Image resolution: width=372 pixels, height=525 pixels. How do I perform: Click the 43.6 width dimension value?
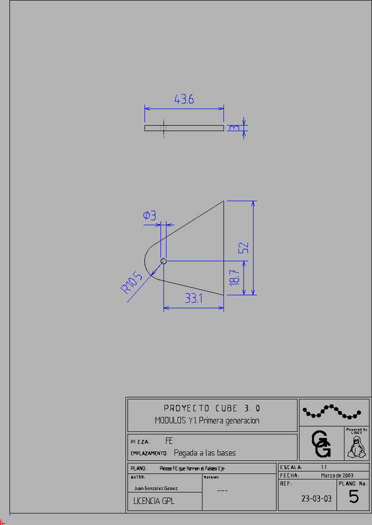[184, 99]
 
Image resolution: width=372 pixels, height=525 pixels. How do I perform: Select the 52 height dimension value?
[243, 248]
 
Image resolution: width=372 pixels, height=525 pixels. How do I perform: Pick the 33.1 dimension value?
[193, 299]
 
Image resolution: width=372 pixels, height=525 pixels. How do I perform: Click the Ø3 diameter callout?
[149, 216]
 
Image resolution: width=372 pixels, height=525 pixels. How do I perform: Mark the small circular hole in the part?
[163, 261]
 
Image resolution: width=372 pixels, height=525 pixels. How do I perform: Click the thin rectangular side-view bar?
[184, 128]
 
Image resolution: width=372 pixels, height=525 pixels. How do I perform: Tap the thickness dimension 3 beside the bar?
[233, 128]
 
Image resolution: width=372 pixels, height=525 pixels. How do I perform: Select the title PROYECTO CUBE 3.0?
[212, 408]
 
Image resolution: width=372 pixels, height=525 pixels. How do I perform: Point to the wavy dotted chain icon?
[331, 411]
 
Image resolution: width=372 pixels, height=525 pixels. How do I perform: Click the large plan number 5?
[353, 497]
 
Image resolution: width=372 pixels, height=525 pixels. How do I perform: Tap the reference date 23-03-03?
[316, 498]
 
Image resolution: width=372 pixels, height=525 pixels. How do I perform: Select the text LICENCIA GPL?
[154, 500]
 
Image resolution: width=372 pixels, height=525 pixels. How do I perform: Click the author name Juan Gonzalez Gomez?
[156, 488]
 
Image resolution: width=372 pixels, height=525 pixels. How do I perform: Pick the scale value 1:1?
[323, 467]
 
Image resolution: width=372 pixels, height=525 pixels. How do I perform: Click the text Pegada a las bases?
[204, 453]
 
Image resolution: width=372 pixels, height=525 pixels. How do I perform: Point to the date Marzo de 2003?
[337, 475]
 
